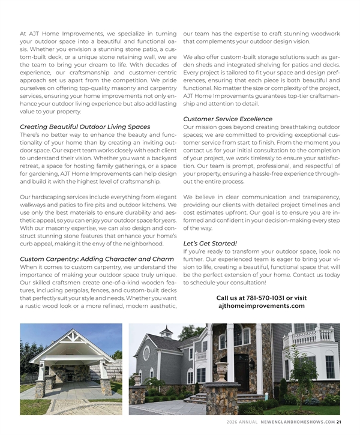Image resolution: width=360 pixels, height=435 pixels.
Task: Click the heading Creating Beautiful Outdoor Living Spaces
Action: [x=85, y=127]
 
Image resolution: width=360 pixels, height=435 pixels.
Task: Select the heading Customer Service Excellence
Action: [x=227, y=119]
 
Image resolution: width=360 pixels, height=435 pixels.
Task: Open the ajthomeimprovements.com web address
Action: [x=261, y=306]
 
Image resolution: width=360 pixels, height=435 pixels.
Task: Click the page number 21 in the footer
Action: [x=339, y=421]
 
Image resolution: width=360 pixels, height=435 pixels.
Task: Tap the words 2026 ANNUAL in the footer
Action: [x=242, y=421]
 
